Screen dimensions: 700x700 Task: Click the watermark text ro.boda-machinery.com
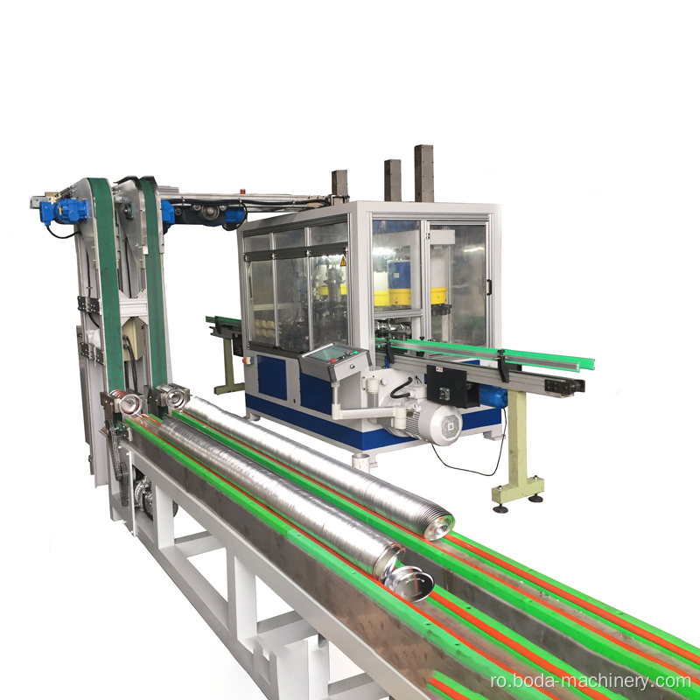(590, 681)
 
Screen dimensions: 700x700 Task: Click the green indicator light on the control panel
(355, 353)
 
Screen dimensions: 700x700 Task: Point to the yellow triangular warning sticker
(343, 261)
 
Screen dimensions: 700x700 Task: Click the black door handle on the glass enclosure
(489, 287)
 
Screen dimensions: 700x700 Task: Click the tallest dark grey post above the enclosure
(423, 173)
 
